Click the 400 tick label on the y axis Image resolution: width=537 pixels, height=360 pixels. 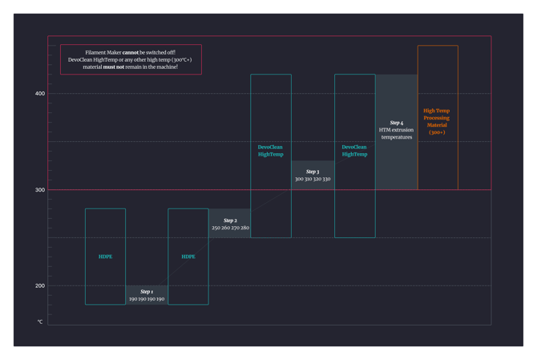[x=40, y=94]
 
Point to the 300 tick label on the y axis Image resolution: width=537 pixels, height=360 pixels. [x=40, y=190]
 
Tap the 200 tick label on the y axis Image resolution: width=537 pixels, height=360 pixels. [x=40, y=285]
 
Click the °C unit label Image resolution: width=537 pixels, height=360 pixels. [x=40, y=322]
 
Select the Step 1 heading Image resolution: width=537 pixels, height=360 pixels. [x=147, y=292]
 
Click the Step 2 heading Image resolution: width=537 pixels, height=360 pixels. [x=230, y=220]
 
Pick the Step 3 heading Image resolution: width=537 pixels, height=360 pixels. [x=313, y=172]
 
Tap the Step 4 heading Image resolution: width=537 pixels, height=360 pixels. [x=397, y=123]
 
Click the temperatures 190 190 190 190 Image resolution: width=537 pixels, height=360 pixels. [x=147, y=299]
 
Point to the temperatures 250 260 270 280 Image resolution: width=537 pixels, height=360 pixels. [x=230, y=228]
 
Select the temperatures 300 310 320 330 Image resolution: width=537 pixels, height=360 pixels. [x=313, y=179]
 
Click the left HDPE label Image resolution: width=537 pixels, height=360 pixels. [x=106, y=257]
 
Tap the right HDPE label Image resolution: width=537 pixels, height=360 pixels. [x=188, y=257]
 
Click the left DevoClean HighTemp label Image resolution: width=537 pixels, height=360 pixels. [x=271, y=151]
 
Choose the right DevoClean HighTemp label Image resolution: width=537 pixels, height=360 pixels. [x=354, y=151]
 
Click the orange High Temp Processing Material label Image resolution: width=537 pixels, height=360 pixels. [x=437, y=121]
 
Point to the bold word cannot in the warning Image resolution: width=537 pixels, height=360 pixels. [x=130, y=52]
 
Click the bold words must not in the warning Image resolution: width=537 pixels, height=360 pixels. [x=114, y=67]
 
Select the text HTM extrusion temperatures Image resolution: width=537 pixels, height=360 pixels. [x=397, y=133]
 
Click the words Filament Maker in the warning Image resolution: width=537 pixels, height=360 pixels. [x=103, y=52]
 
